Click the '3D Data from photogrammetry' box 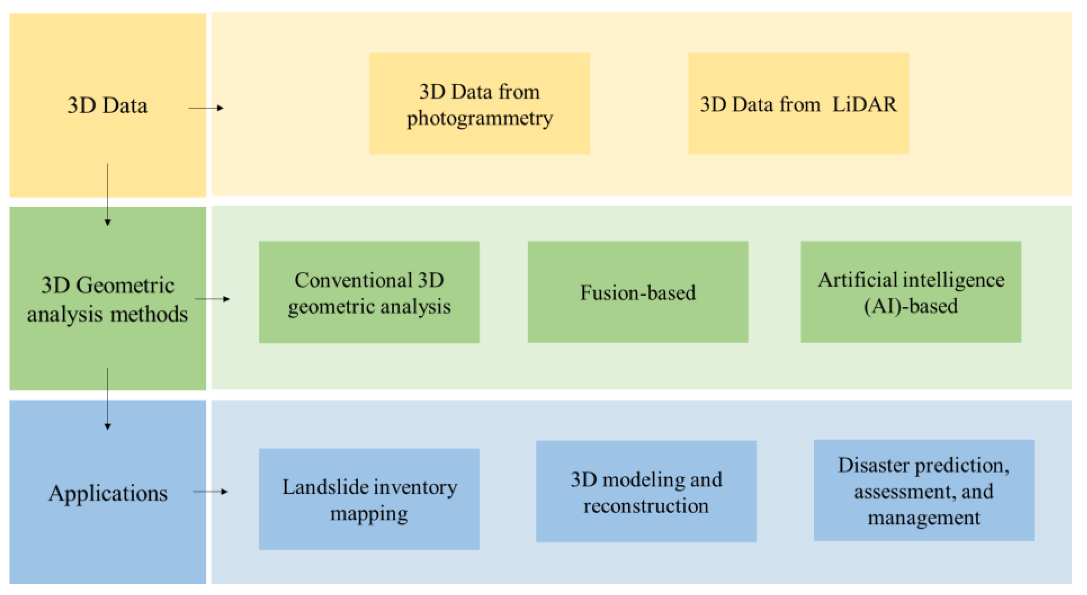coord(479,104)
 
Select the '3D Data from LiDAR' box coord(798,104)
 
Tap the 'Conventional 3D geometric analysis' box coord(369,292)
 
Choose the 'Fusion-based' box coord(638,292)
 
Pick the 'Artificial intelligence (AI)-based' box coord(910,292)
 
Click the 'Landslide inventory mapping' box coord(369,499)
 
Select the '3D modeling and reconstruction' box coord(646,491)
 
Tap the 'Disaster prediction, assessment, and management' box coord(924,490)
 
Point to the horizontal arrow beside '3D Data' coord(206,108)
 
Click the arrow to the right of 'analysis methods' coord(212,299)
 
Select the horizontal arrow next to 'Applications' coord(210,491)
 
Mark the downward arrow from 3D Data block coord(108,194)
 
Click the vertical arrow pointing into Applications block coord(108,399)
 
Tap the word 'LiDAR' coord(864,104)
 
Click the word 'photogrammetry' coord(480,118)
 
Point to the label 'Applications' coord(108,493)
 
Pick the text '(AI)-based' coord(910,306)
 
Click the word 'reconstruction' coord(646,506)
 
